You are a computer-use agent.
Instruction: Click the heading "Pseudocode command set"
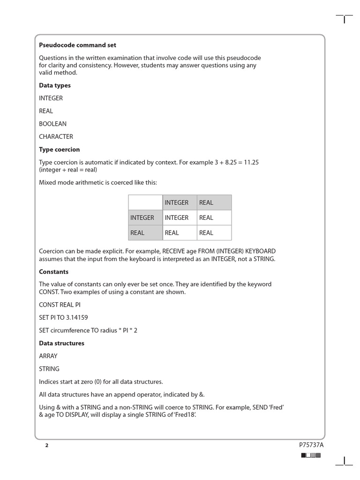pos(77,45)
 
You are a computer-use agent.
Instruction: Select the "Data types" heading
pos(55,85)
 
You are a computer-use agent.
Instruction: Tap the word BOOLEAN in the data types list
pos(53,124)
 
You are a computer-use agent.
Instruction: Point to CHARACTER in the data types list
pos(56,136)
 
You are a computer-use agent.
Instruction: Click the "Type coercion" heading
pos(60,150)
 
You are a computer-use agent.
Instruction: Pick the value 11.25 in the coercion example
pos(250,162)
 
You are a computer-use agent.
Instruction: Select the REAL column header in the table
pos(206,202)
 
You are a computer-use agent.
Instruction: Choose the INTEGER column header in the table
pos(177,202)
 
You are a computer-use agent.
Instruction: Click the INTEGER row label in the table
pos(142,217)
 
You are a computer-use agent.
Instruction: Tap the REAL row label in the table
pos(137,232)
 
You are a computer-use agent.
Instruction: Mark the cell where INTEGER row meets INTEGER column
pos(177,217)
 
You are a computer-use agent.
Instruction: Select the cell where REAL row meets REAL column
pos(206,232)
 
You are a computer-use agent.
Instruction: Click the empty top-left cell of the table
pos(145,202)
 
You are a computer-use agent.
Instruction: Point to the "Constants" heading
pos(54,272)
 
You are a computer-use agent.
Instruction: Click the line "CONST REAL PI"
pos(60,305)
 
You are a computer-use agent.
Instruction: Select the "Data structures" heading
pos(62,343)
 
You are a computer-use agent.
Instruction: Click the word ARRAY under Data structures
pos(49,356)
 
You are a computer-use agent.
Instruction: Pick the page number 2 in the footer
pos(46,445)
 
